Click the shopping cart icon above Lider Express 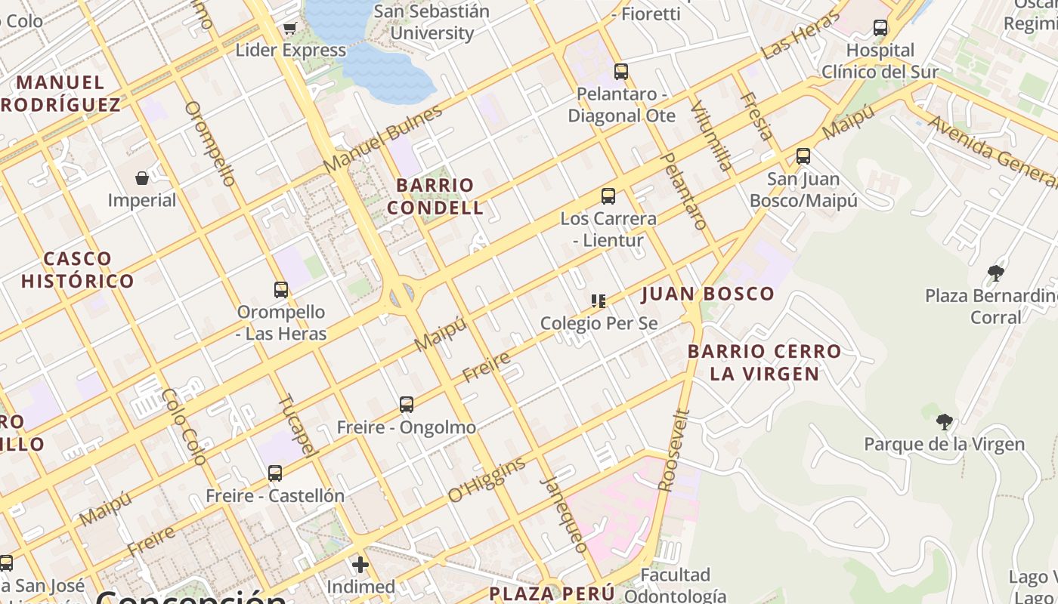tap(289, 29)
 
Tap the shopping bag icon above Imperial tap(142, 178)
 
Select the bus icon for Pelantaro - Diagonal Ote tap(621, 72)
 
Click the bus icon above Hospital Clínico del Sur tap(880, 28)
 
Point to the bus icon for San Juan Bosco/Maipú tap(803, 156)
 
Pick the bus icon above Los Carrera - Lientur tap(608, 196)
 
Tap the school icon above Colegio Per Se tap(599, 301)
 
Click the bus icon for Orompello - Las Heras tap(281, 289)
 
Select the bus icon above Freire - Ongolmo tap(407, 405)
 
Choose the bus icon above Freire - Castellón tap(275, 473)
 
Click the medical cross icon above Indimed tap(360, 564)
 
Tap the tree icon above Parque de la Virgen tap(944, 421)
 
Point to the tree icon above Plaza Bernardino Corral tap(996, 273)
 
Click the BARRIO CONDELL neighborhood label tap(435, 196)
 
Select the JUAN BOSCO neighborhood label tap(708, 294)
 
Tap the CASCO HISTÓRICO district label tap(77, 270)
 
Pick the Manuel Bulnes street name tap(382, 139)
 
